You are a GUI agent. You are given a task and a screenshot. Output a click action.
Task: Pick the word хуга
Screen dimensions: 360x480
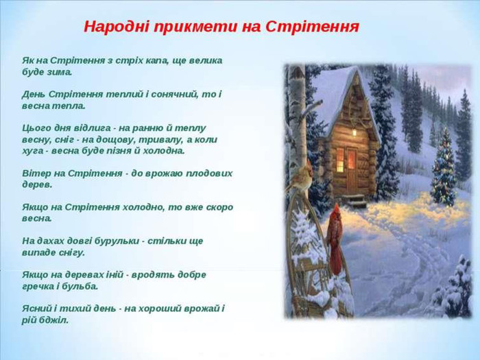click(x=34, y=150)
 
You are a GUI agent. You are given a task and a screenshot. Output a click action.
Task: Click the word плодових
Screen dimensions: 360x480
click(x=208, y=173)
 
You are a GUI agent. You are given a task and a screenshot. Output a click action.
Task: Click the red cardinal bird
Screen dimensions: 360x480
click(x=335, y=237)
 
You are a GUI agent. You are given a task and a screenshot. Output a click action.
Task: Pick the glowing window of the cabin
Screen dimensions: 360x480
click(x=339, y=160)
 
